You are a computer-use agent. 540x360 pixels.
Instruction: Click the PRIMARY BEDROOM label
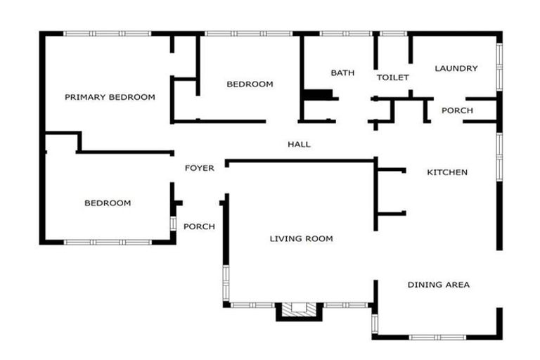pyautogui.click(x=110, y=97)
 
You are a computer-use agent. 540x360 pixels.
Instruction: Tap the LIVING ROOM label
pyautogui.click(x=302, y=238)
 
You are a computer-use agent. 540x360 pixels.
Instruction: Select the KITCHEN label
pyautogui.click(x=447, y=172)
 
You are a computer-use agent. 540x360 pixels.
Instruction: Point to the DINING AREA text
pyautogui.click(x=439, y=285)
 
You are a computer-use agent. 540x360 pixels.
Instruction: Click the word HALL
pyautogui.click(x=300, y=144)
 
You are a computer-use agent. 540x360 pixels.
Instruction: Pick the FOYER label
pyautogui.click(x=200, y=168)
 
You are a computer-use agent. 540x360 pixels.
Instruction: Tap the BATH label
pyautogui.click(x=342, y=72)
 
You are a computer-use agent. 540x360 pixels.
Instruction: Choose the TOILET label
pyautogui.click(x=393, y=77)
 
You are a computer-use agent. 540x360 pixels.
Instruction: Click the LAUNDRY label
pyautogui.click(x=456, y=68)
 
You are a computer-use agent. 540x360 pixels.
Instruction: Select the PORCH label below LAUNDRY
pyautogui.click(x=457, y=110)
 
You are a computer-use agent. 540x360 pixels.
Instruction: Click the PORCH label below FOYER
pyautogui.click(x=199, y=226)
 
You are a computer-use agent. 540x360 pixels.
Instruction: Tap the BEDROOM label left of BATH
pyautogui.click(x=250, y=84)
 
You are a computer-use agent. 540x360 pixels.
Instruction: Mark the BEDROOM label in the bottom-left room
pyautogui.click(x=108, y=203)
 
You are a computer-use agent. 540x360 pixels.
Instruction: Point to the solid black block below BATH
pyautogui.click(x=319, y=94)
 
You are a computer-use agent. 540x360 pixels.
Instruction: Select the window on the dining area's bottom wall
pyautogui.click(x=437, y=337)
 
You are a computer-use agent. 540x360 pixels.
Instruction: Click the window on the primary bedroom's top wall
pyautogui.click(x=108, y=34)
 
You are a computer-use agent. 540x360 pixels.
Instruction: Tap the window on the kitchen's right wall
pyautogui.click(x=499, y=157)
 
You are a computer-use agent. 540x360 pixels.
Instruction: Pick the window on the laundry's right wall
pyautogui.click(x=499, y=67)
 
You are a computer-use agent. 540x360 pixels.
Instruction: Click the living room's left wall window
pyautogui.click(x=226, y=283)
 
